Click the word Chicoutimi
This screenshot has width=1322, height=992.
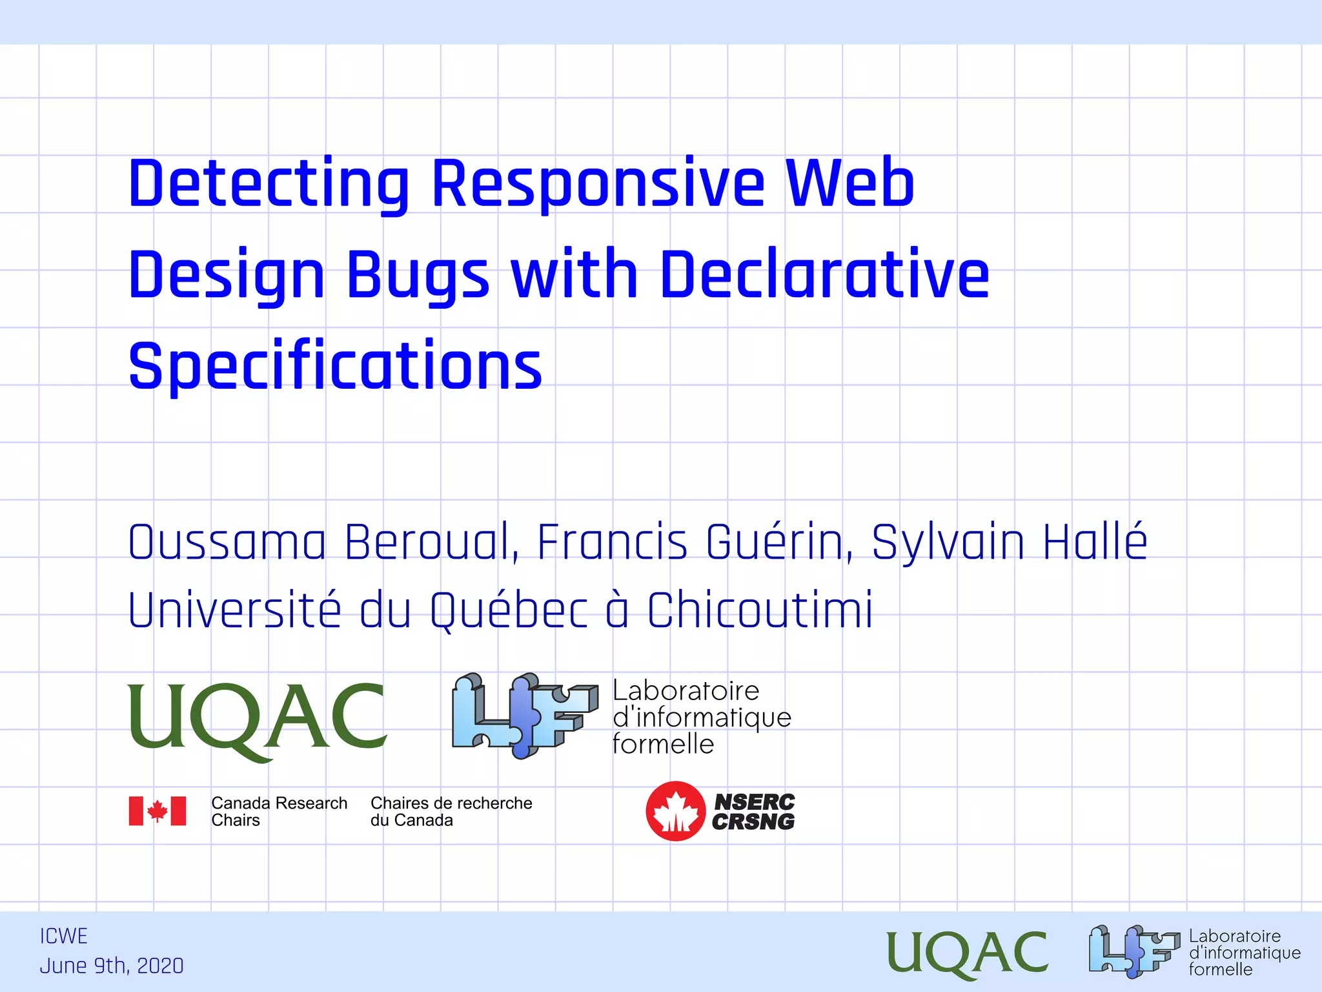coord(760,610)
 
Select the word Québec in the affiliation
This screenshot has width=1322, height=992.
coord(509,610)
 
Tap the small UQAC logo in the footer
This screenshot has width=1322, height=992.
coord(966,953)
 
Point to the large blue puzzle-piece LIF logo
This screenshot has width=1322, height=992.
coord(524,714)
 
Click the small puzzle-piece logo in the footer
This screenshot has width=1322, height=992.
coord(1133,951)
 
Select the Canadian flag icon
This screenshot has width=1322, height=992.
coord(158,811)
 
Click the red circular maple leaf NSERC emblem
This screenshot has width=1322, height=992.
coord(675,811)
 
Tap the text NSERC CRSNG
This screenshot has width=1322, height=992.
coord(754,812)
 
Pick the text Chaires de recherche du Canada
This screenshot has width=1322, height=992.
coord(451,812)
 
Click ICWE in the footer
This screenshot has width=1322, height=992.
coord(63,936)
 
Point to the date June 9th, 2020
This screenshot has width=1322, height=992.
coord(112,966)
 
